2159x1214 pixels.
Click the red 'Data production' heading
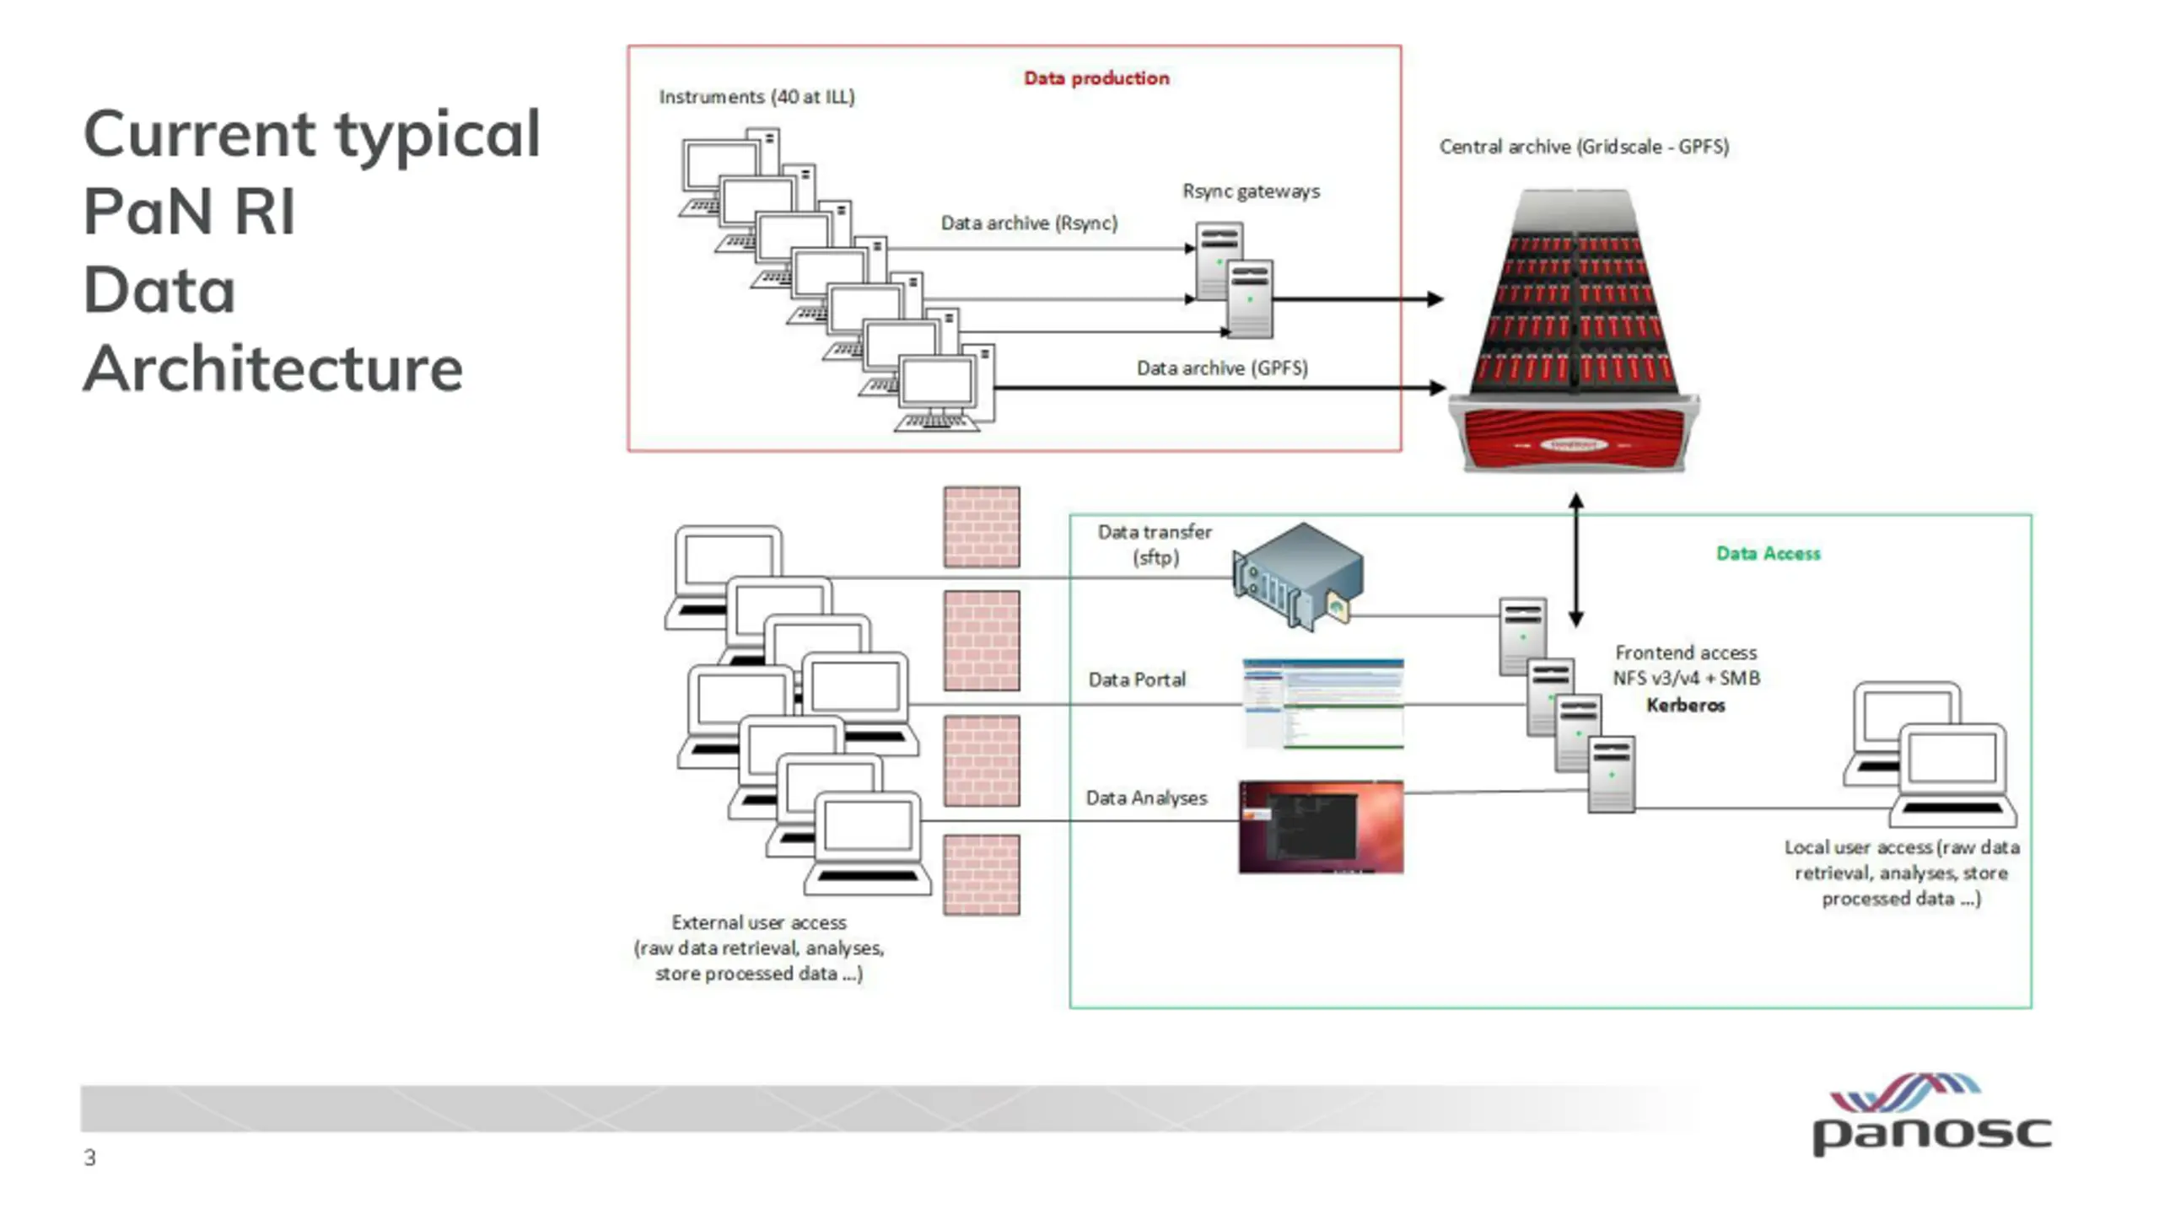click(x=1096, y=78)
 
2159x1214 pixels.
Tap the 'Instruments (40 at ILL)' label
click(x=756, y=97)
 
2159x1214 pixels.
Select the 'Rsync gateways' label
click(x=1251, y=191)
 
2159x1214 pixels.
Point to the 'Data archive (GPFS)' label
click(x=1222, y=368)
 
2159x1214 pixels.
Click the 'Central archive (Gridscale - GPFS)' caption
click(x=1584, y=147)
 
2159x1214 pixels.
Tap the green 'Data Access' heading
click(x=1769, y=553)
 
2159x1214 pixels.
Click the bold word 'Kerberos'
click(x=1686, y=705)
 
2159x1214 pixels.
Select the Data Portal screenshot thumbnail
click(x=1323, y=704)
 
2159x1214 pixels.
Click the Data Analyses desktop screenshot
click(x=1322, y=827)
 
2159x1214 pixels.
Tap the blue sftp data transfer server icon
click(x=1297, y=576)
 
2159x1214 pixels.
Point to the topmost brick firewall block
click(x=982, y=527)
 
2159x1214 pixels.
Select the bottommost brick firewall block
click(x=982, y=875)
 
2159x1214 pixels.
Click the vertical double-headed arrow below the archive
click(x=1575, y=561)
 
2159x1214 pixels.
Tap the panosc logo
click(x=1931, y=1114)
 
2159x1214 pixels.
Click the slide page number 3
click(x=89, y=1158)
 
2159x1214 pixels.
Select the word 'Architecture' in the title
click(x=273, y=368)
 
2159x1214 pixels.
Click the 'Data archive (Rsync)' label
click(x=1029, y=223)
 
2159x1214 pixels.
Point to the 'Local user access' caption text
click(x=1901, y=873)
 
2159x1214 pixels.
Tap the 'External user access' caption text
click(x=759, y=948)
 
